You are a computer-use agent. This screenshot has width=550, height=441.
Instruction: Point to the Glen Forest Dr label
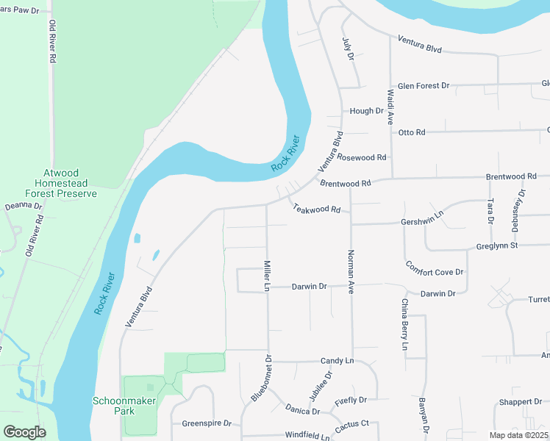[x=423, y=86]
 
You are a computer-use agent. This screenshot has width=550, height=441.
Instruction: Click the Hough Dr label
[x=366, y=111]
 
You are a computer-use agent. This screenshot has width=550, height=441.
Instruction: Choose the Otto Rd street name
[x=412, y=132]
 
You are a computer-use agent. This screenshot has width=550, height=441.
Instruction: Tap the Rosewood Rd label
[x=362, y=157]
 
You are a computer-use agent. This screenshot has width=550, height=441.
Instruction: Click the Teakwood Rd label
[x=317, y=209]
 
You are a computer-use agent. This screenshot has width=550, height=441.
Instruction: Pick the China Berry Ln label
[x=404, y=324]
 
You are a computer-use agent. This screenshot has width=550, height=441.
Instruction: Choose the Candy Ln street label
[x=337, y=361]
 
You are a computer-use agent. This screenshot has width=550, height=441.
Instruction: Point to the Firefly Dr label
[x=350, y=401]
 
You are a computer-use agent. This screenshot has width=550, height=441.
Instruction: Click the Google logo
[x=24, y=431]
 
